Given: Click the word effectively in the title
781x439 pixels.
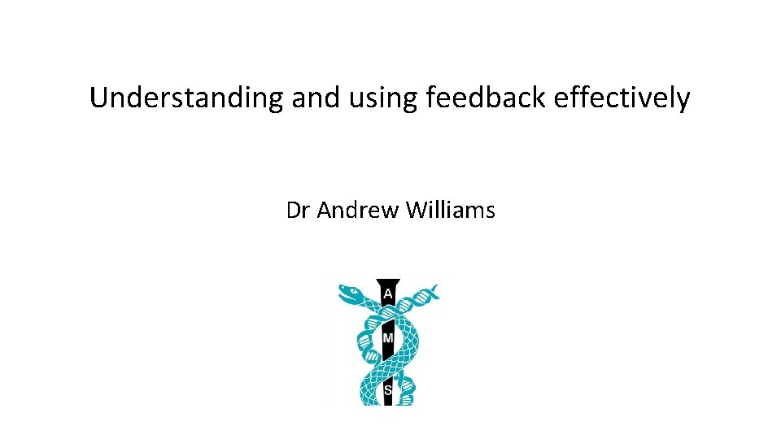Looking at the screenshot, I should tap(622, 98).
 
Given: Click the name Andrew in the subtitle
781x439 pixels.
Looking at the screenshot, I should tap(358, 211).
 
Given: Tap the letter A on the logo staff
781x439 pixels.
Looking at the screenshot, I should tap(389, 293).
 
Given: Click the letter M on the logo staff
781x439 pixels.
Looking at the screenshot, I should tap(389, 337).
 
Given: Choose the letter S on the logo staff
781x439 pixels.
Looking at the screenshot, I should tap(388, 391).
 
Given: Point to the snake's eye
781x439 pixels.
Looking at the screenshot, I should tap(351, 288).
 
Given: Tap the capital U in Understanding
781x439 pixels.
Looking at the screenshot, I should tap(98, 98).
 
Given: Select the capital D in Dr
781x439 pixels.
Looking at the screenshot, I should tap(294, 211).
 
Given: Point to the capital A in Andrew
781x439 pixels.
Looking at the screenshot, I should tap(323, 211).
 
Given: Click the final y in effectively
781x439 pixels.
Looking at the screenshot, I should tap(684, 101).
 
